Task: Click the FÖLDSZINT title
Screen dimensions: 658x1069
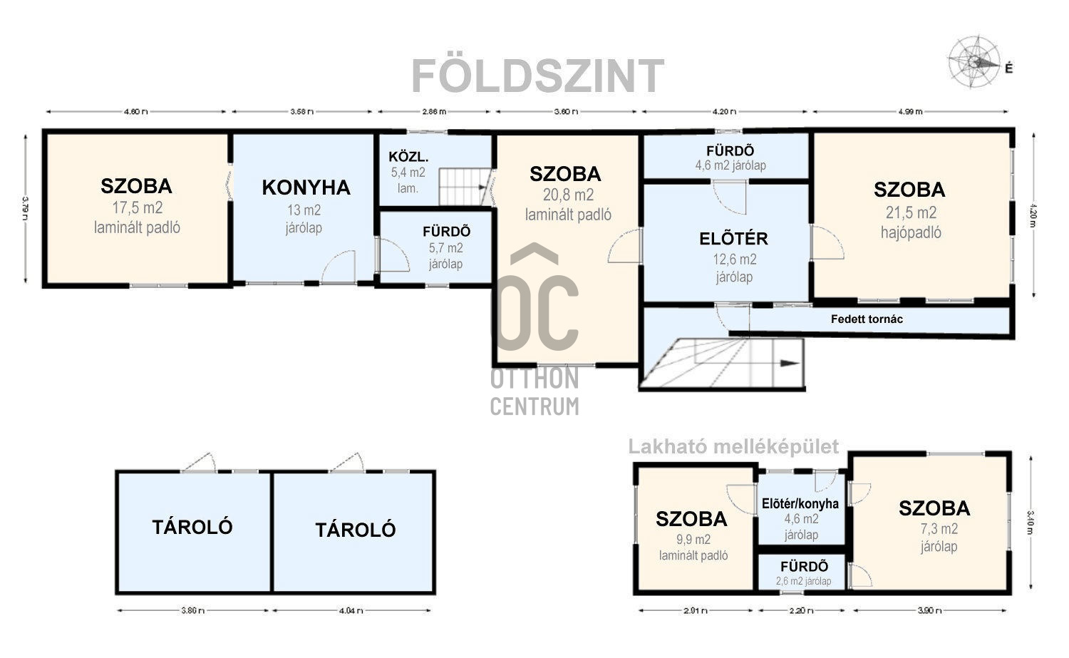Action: click(538, 76)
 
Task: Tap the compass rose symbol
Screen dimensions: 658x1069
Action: click(974, 61)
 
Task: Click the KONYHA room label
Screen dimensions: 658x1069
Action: click(306, 187)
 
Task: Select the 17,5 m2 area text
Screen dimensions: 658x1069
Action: click(136, 208)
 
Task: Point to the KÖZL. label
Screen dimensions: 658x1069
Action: click(408, 157)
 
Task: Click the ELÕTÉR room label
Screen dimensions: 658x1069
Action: click(733, 239)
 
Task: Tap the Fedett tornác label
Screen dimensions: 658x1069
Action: click(867, 319)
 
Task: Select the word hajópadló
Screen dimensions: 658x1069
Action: click(909, 232)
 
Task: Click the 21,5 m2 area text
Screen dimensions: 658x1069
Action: click(909, 212)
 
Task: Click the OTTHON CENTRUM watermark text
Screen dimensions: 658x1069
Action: click(534, 392)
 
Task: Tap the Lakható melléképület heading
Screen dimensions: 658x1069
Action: click(733, 447)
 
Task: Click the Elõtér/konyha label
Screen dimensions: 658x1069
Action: click(800, 503)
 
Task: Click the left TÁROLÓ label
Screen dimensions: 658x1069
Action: click(192, 527)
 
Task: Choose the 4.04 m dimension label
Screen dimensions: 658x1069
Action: click(353, 610)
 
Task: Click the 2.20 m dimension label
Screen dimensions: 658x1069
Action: click(802, 610)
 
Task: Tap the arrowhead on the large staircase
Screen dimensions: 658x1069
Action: click(789, 363)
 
